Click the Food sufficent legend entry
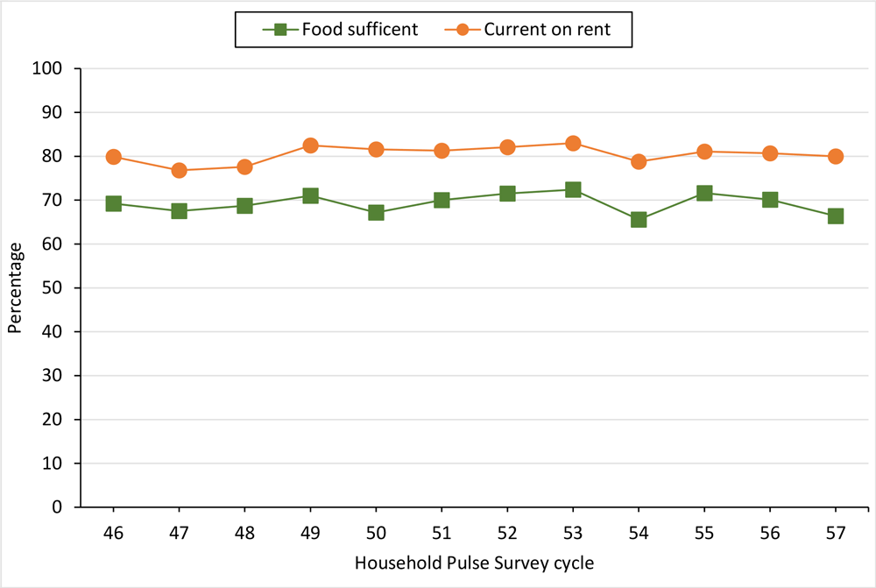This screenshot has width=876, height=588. pyautogui.click(x=342, y=29)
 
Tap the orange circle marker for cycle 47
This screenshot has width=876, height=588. pyautogui.click(x=179, y=170)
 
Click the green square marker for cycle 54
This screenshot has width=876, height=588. pyautogui.click(x=639, y=219)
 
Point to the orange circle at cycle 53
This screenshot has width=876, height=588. pyautogui.click(x=573, y=143)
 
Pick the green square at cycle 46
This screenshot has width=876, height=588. pyautogui.click(x=113, y=203)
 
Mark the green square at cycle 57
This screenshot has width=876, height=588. pyautogui.click(x=836, y=216)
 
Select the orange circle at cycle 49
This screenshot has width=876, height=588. pyautogui.click(x=310, y=145)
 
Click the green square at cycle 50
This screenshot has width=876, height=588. pyautogui.click(x=376, y=212)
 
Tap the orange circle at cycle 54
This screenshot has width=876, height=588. pyautogui.click(x=639, y=161)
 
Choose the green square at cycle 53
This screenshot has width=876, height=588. pyautogui.click(x=573, y=189)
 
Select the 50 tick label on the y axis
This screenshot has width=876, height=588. pyautogui.click(x=62, y=288)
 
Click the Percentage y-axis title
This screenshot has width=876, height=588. pyautogui.click(x=15, y=288)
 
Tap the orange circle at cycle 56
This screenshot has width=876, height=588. pyautogui.click(x=770, y=153)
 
